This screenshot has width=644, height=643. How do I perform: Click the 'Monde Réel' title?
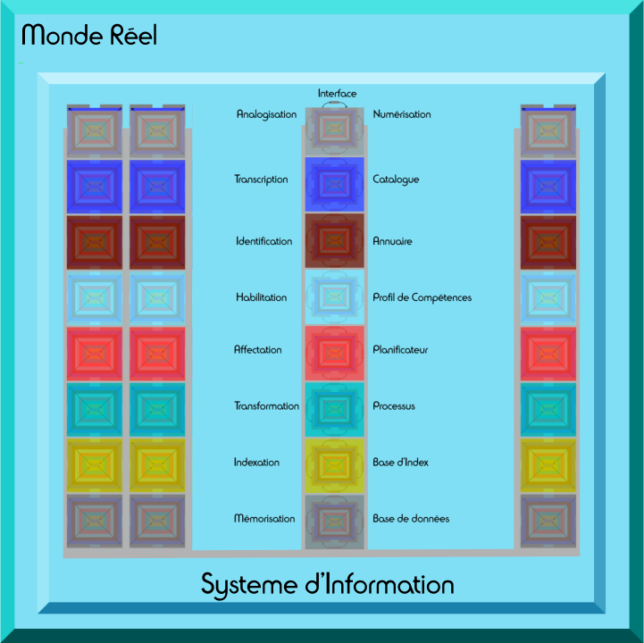click(88, 36)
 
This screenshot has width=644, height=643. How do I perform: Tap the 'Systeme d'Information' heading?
click(327, 585)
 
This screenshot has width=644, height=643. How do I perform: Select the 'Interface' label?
click(337, 94)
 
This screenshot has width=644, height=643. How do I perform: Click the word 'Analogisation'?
click(266, 114)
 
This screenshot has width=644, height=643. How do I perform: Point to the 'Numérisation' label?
click(402, 114)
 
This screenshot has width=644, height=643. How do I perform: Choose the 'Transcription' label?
click(261, 180)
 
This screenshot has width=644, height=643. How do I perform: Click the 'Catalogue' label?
click(396, 180)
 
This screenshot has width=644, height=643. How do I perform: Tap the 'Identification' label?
click(263, 241)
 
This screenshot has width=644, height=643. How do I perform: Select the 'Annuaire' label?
click(393, 241)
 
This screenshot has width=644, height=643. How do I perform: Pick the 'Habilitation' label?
click(262, 297)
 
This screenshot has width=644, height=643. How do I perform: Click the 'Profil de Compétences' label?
click(422, 297)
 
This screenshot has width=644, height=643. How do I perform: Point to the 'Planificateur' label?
click(400, 350)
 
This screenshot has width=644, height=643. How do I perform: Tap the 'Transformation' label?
click(266, 406)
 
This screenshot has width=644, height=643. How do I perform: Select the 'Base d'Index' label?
click(400, 463)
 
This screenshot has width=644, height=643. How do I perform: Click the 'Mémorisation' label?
click(264, 519)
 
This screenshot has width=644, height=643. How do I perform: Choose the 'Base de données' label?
click(411, 519)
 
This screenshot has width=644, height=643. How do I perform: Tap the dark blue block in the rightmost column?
click(548, 186)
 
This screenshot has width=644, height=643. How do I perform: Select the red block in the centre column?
click(334, 353)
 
